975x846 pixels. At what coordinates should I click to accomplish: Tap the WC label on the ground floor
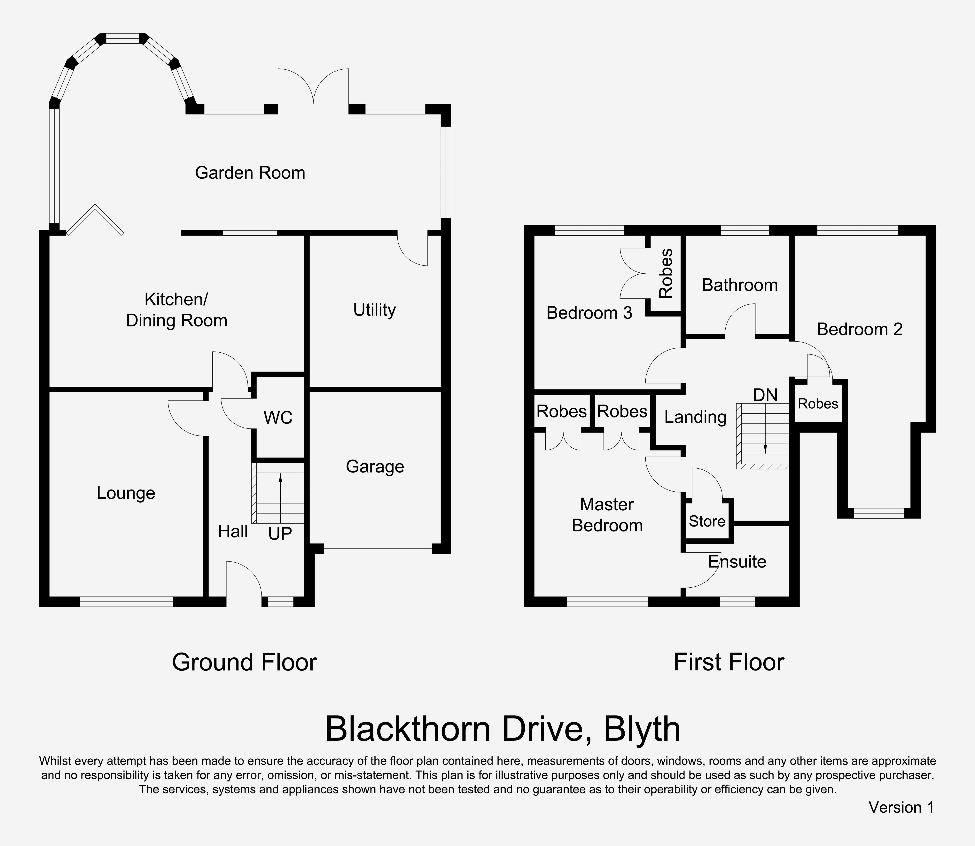[278, 417]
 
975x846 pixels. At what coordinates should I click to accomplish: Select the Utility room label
[374, 310]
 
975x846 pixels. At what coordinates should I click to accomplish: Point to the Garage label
[375, 466]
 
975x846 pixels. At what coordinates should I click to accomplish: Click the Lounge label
[126, 493]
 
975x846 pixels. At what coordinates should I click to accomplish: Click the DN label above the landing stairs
[765, 395]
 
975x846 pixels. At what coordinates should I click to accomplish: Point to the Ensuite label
[737, 561]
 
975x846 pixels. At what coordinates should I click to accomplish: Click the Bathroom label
[739, 285]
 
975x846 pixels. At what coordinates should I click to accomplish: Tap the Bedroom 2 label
[859, 329]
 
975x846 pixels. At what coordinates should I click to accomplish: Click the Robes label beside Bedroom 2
[818, 404]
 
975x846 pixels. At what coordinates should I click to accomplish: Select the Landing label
[695, 417]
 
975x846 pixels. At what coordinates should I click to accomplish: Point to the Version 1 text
[901, 807]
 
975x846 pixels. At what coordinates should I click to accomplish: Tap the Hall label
[233, 532]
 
